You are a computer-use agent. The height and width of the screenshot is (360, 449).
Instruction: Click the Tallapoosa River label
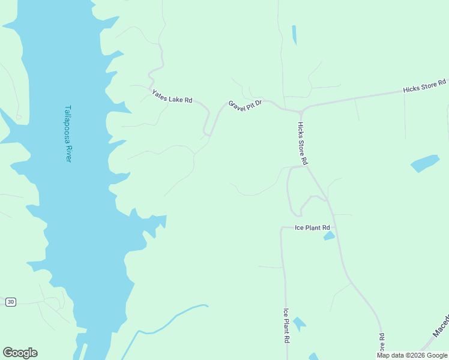[x=68, y=134]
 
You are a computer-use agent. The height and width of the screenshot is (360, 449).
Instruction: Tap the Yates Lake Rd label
[x=172, y=96]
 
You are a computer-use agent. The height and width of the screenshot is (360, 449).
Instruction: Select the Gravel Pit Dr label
[x=245, y=104]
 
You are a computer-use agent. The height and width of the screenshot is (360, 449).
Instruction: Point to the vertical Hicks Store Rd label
[x=302, y=143]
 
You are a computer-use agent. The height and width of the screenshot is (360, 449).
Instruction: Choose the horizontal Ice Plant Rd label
[x=312, y=228]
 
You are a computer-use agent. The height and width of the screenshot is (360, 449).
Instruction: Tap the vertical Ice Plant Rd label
[x=287, y=325]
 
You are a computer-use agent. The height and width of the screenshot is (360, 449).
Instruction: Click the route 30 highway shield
[x=10, y=302]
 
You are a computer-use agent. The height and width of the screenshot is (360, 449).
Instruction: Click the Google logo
[x=20, y=353]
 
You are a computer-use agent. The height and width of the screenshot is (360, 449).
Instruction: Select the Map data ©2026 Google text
[x=412, y=355]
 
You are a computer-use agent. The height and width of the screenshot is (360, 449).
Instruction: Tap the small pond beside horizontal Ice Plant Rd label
[x=329, y=236]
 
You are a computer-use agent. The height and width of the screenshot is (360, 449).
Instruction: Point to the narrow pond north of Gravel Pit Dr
[x=294, y=35]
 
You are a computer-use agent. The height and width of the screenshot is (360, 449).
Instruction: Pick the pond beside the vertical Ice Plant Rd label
[x=298, y=324]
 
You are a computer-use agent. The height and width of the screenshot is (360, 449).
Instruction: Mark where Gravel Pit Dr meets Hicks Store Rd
[x=301, y=112]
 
